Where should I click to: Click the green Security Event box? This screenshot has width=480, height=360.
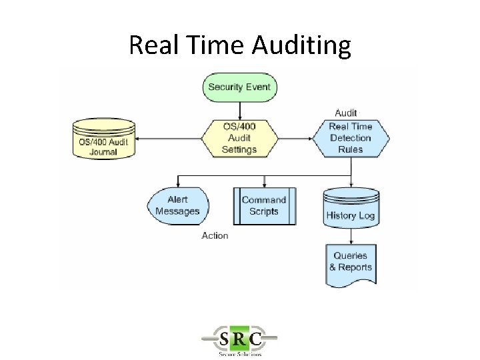239,87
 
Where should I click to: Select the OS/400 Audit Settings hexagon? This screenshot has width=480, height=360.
239,138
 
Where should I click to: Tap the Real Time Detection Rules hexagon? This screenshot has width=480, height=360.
351,138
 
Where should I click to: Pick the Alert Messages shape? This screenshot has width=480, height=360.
177,205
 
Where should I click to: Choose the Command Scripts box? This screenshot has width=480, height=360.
264,205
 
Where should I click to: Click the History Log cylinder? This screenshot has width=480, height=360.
350,207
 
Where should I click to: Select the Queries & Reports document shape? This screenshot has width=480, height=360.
351,262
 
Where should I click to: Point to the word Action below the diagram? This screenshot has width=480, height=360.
215,235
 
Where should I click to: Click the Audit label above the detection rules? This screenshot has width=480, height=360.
345,113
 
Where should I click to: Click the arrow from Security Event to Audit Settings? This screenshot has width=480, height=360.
239,109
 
